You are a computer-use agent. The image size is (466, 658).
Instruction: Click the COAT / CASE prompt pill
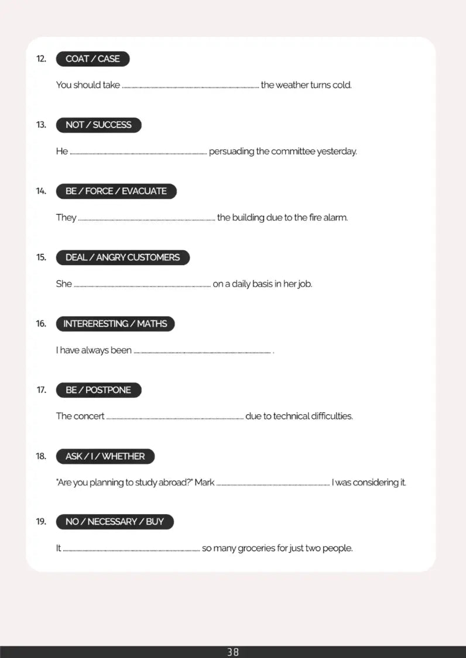coord(92,58)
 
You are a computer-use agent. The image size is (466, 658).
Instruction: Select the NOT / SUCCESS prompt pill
coord(98,125)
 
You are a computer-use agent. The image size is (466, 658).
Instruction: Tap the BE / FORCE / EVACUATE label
coord(116,191)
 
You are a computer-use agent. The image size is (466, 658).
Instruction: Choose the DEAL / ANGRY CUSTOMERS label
coord(122,257)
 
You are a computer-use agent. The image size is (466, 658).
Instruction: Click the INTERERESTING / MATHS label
coord(115,323)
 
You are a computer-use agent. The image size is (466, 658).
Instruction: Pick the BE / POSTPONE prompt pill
coord(98,390)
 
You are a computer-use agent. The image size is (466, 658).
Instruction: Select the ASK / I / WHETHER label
coord(105,456)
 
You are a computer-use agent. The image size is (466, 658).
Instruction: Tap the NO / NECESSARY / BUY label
coord(114,522)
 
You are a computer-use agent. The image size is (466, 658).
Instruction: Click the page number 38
coord(233,652)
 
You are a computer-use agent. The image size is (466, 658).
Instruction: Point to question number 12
coord(41,58)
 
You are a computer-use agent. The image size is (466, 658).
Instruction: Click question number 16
coord(41,323)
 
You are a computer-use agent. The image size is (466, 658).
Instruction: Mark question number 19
coord(41,522)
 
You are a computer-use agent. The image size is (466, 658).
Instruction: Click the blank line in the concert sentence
coord(175,418)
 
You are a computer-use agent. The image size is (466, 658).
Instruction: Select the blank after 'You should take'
coord(190,86)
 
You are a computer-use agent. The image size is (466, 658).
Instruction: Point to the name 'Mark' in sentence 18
coord(204,483)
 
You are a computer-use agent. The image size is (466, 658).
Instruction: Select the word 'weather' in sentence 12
coord(292,85)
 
